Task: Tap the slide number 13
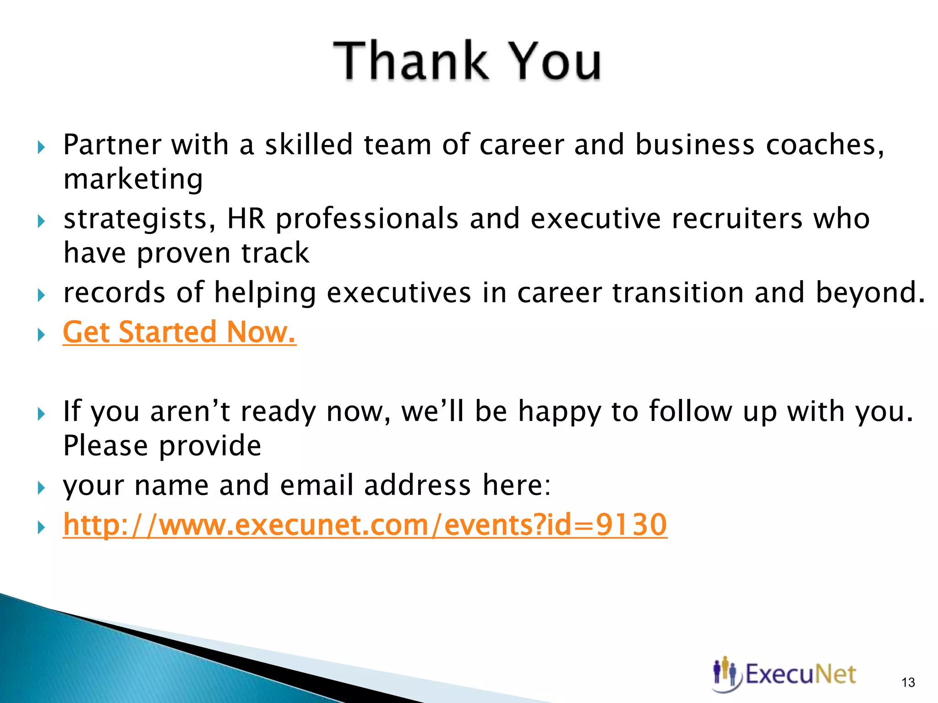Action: (x=908, y=682)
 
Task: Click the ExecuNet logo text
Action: (x=800, y=674)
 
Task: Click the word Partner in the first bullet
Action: (x=112, y=145)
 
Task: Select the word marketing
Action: (x=133, y=179)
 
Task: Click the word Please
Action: (x=105, y=446)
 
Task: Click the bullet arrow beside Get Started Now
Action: (x=41, y=335)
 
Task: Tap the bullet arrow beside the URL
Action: (x=41, y=527)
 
